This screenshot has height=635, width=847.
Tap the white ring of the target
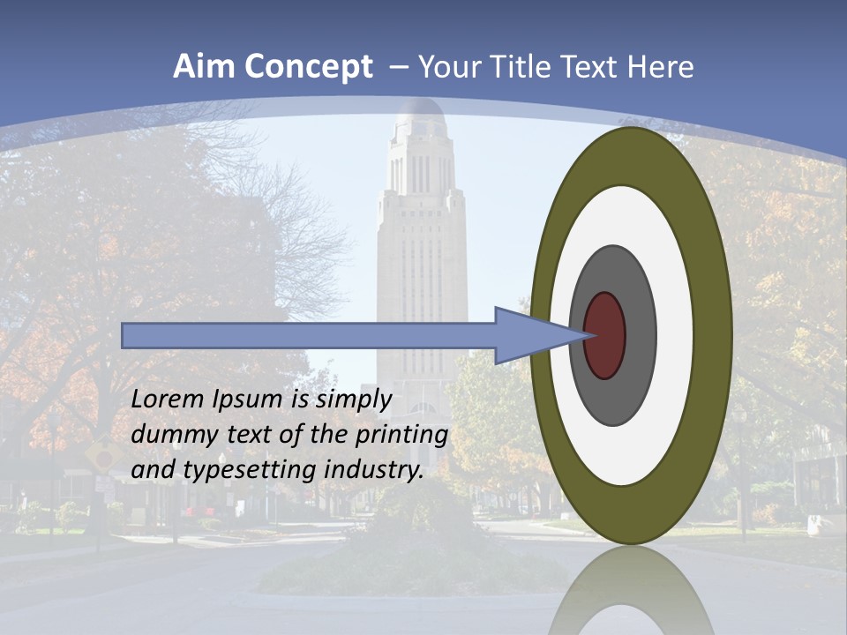click(675, 336)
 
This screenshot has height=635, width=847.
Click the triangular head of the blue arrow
click(529, 336)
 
